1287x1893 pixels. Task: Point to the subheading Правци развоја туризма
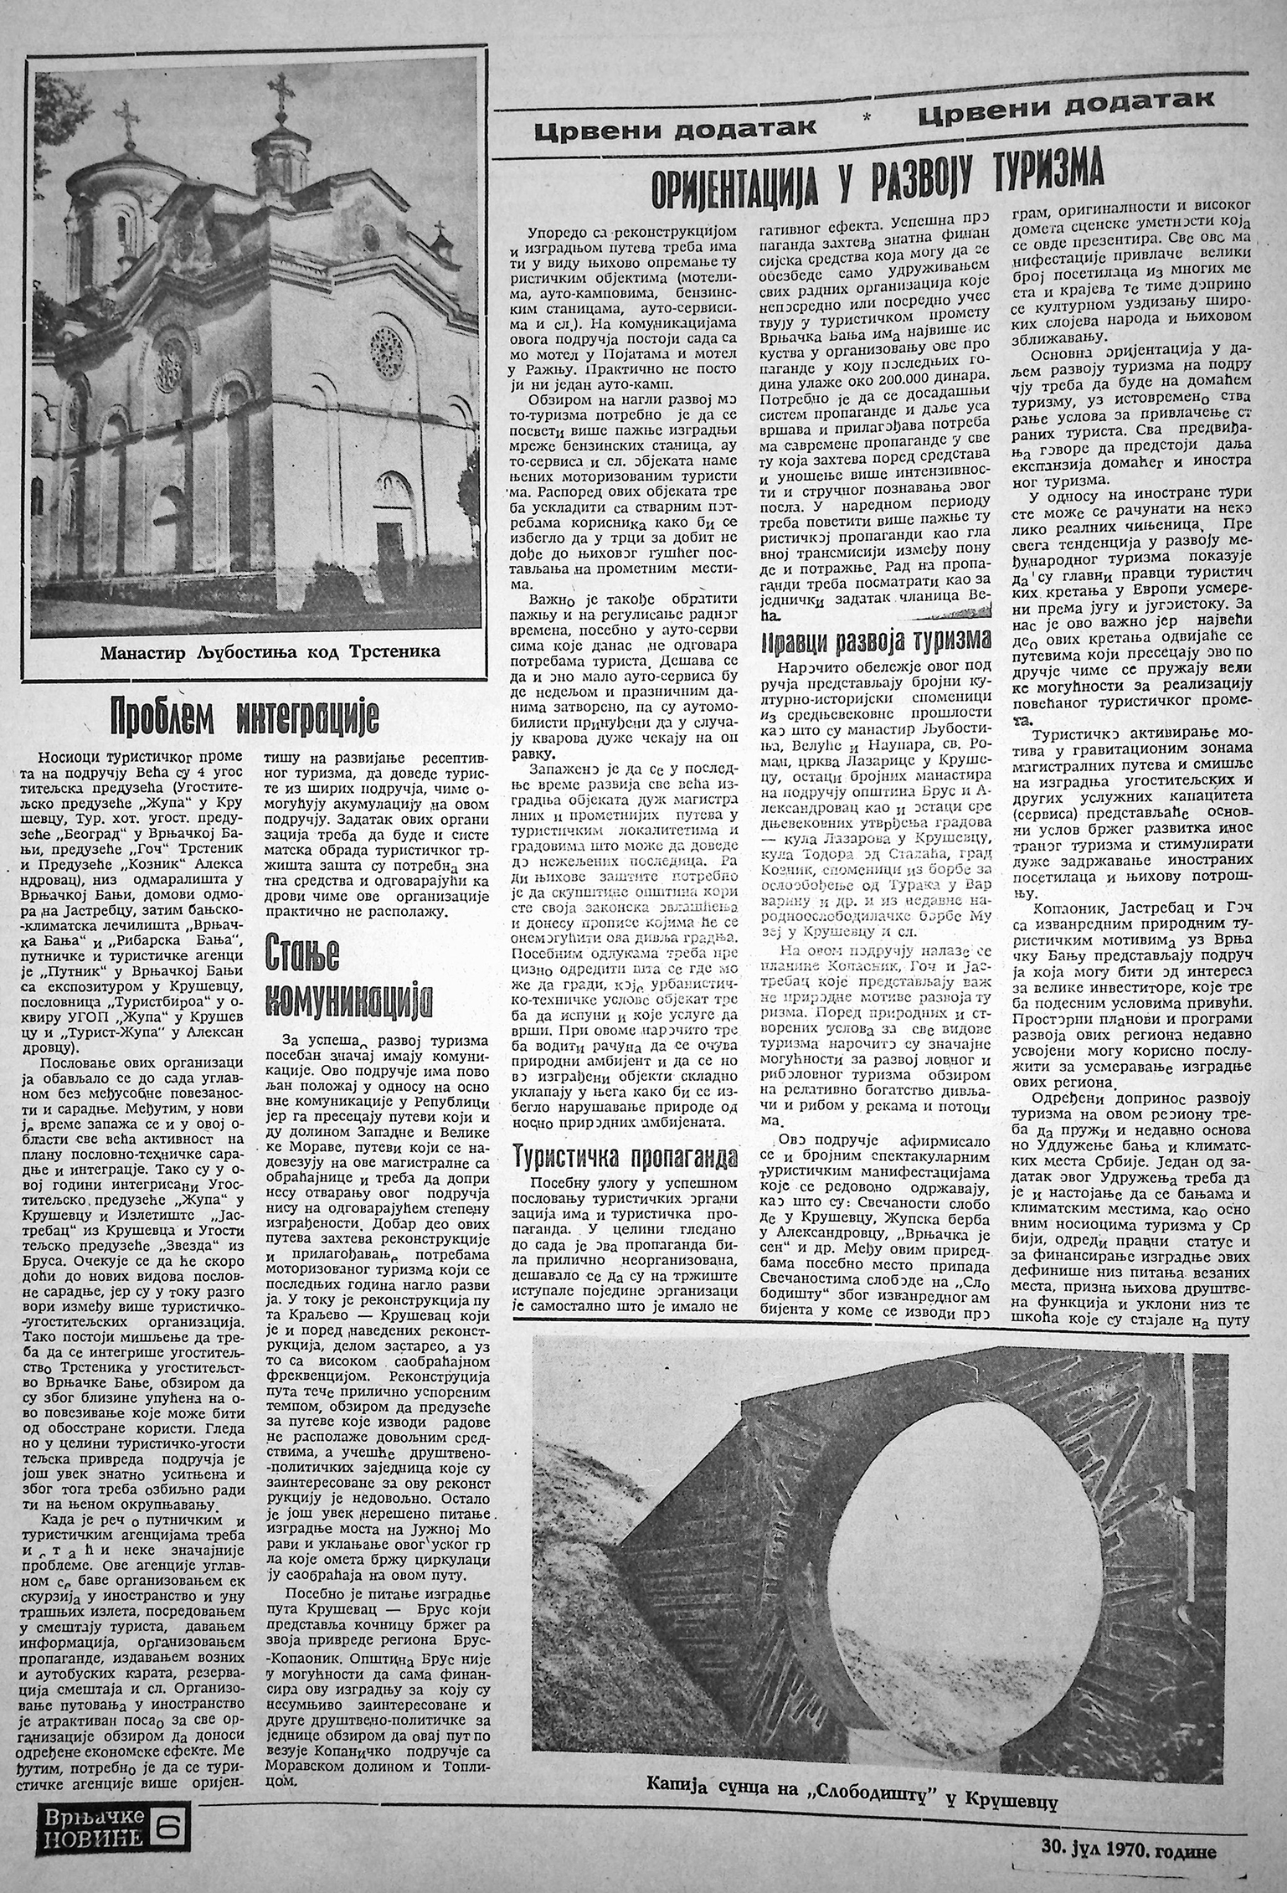[x=876, y=643]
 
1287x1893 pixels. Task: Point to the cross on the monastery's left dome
[x=129, y=120]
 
